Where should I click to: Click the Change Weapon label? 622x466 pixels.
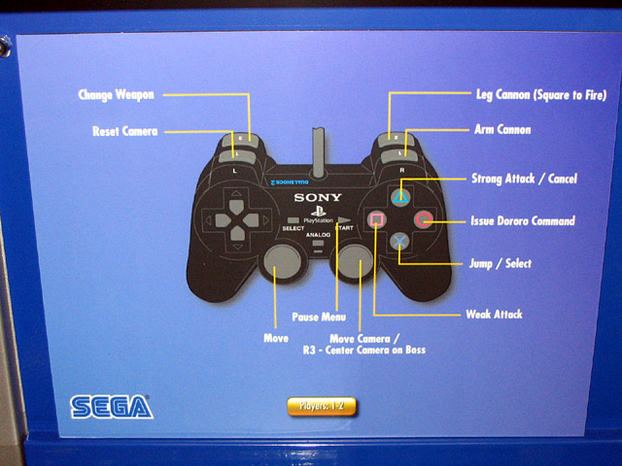117,94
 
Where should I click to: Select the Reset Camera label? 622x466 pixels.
124,130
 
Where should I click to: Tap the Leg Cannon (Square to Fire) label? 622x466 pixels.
541,95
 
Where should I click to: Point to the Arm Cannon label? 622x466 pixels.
502,129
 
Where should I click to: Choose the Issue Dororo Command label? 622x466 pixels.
523,221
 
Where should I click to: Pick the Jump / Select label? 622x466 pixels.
501,263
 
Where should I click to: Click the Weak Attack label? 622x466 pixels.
494,314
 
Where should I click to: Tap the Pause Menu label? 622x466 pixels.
319,316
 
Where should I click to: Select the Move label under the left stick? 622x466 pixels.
276,338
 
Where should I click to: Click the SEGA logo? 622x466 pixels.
111,406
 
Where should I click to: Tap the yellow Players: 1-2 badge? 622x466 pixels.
321,407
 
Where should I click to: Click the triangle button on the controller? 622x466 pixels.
399,195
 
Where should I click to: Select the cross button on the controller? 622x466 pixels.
399,243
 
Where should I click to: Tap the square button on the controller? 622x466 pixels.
374,219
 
